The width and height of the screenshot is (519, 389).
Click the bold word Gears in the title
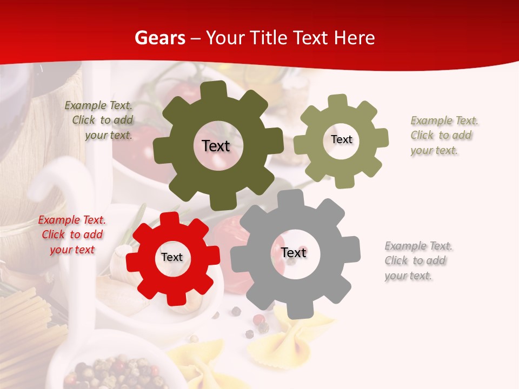click(x=159, y=38)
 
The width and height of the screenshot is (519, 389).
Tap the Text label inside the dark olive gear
click(x=216, y=146)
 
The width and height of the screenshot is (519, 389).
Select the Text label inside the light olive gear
click(x=341, y=139)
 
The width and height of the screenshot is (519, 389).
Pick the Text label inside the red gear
click(x=172, y=258)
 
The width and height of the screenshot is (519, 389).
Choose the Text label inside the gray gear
click(x=294, y=253)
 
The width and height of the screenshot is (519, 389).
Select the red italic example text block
click(x=72, y=235)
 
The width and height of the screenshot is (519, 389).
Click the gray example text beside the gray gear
click(x=418, y=261)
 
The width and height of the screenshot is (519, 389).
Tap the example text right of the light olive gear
click(x=444, y=136)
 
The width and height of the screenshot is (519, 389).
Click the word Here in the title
click(x=355, y=38)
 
